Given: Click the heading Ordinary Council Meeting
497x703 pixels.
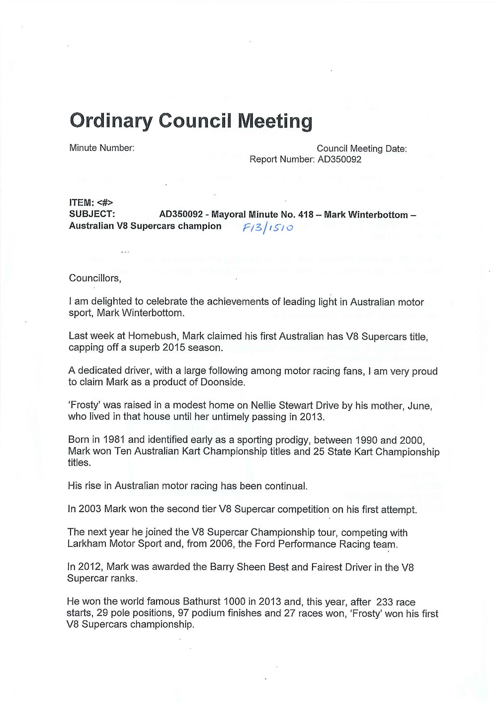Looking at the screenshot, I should coord(191,121).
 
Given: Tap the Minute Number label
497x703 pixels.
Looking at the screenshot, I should coord(102,148).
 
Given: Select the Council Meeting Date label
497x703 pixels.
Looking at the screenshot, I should coord(361,148).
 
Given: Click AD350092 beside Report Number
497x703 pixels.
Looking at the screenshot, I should coord(339,159).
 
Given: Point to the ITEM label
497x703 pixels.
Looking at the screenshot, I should coord(82,202).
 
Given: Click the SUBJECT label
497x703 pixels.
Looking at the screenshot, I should coord(92,214).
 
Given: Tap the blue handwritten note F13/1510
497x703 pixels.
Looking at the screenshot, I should coord(267,227).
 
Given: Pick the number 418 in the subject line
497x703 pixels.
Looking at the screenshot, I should coord(306,215).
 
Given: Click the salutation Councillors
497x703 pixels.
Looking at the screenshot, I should coord(95,278).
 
